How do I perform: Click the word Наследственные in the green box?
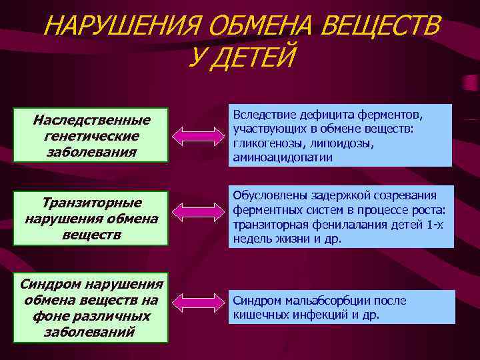(92, 121)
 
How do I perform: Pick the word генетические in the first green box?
(92, 136)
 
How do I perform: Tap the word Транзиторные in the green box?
(92, 203)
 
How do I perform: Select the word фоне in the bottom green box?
(49, 316)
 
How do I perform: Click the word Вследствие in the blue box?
(263, 115)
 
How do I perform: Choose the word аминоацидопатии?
(283, 158)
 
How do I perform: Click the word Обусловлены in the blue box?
(271, 195)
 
